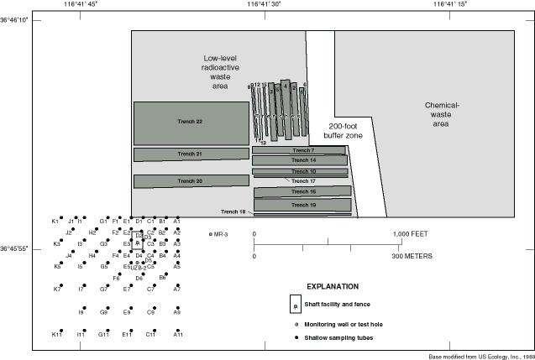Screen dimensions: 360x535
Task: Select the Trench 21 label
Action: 190,154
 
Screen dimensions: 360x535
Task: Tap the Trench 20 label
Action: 190,181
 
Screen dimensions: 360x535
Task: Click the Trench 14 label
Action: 303,159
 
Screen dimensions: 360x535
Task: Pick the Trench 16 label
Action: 303,192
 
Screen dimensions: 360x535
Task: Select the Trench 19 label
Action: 303,205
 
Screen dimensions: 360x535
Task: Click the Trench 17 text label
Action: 303,181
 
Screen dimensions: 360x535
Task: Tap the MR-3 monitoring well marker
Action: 210,233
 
